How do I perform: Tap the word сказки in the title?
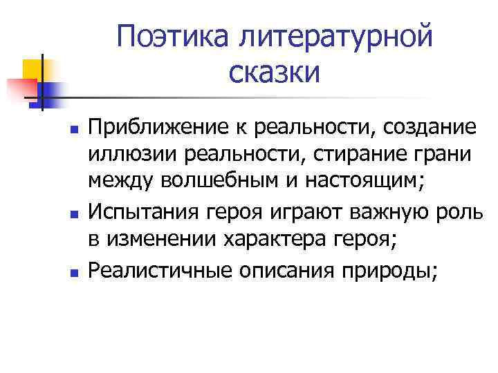pos(273,71)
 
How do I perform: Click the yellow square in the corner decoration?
pos(33,69)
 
